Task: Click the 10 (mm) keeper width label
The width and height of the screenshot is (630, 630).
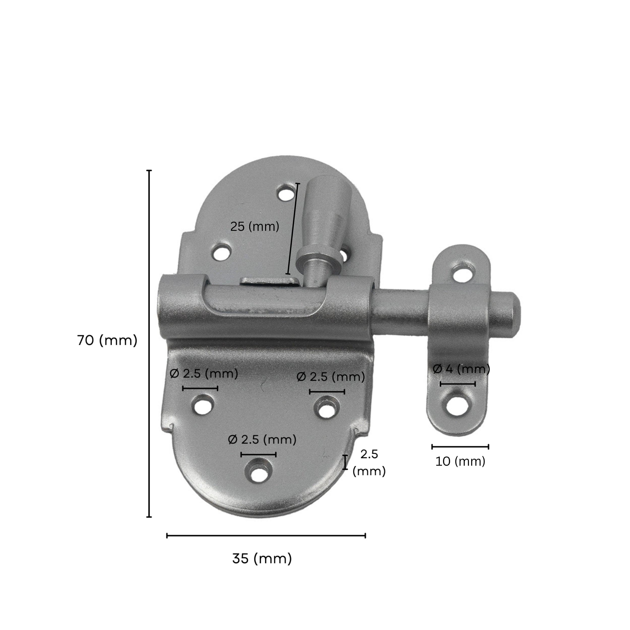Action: [x=460, y=461]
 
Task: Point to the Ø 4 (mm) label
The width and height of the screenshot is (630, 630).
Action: [x=461, y=369]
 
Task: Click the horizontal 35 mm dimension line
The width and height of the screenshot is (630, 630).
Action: [x=266, y=535]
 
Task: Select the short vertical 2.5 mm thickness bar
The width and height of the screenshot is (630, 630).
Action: [x=345, y=462]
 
